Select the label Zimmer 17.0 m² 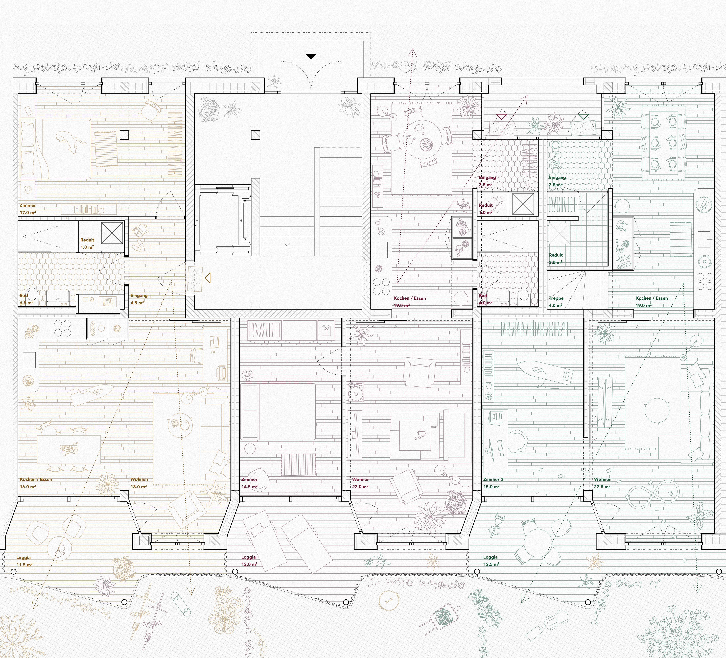pos(28,209)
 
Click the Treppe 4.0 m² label pos(556,302)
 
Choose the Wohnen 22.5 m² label pos(602,483)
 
